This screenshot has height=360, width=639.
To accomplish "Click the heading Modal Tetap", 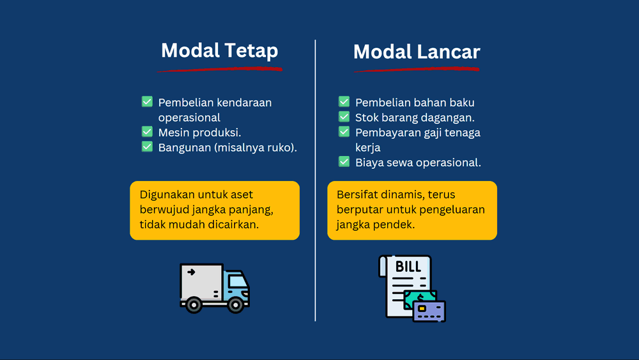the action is (x=219, y=51).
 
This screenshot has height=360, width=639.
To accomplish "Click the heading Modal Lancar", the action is (x=417, y=52).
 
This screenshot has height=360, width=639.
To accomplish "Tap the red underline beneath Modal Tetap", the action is (x=219, y=69).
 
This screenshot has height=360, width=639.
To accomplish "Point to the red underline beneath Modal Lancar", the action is (x=417, y=70).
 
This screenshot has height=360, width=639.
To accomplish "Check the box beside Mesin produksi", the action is (x=147, y=132).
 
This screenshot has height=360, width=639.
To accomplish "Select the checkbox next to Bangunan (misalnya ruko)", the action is (x=147, y=147).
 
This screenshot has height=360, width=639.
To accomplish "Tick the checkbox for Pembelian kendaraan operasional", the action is (x=147, y=102).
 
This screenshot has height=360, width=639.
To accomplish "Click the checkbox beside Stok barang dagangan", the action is (x=344, y=117).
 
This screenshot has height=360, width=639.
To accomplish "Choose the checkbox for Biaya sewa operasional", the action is (x=344, y=162).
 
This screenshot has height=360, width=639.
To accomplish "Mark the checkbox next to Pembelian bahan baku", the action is (x=344, y=102).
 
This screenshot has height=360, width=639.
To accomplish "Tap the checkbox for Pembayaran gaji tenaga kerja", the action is (x=344, y=132).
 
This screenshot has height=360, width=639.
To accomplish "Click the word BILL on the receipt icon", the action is (x=408, y=267).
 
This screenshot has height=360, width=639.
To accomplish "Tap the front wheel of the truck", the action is (x=236, y=305).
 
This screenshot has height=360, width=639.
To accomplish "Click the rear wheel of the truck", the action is (x=194, y=305).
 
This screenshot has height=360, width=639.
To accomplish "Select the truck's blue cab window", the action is (x=238, y=281).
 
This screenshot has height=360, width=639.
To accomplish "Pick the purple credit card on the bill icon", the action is (x=429, y=311).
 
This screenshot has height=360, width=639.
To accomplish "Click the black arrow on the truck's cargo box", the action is (x=190, y=272).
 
